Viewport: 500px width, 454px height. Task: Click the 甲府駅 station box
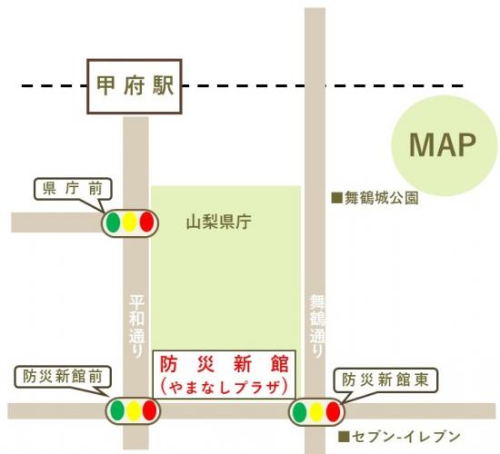point(135,87)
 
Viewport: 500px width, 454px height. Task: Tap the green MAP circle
point(445,145)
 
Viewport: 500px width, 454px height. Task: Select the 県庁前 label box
point(75,190)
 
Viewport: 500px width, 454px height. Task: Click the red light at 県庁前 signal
point(145,221)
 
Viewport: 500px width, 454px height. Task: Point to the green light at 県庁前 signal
point(113,221)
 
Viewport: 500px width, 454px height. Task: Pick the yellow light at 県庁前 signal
point(129,221)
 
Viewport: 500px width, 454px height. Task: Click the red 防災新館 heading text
point(224,364)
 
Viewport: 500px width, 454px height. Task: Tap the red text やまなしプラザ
point(224,386)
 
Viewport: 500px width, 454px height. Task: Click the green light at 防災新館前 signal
point(117,411)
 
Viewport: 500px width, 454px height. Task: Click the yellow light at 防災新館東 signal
point(315,412)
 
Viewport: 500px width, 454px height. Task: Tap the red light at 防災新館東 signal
point(333,412)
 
